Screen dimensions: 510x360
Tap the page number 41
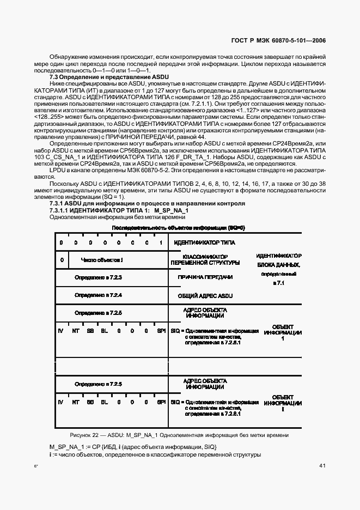(322, 465)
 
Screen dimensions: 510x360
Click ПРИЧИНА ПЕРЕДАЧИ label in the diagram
(205, 277)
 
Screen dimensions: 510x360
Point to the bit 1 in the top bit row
(161, 242)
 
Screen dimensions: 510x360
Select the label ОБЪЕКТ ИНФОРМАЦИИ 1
(283, 332)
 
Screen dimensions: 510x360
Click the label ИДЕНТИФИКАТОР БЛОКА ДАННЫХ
(279, 260)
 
